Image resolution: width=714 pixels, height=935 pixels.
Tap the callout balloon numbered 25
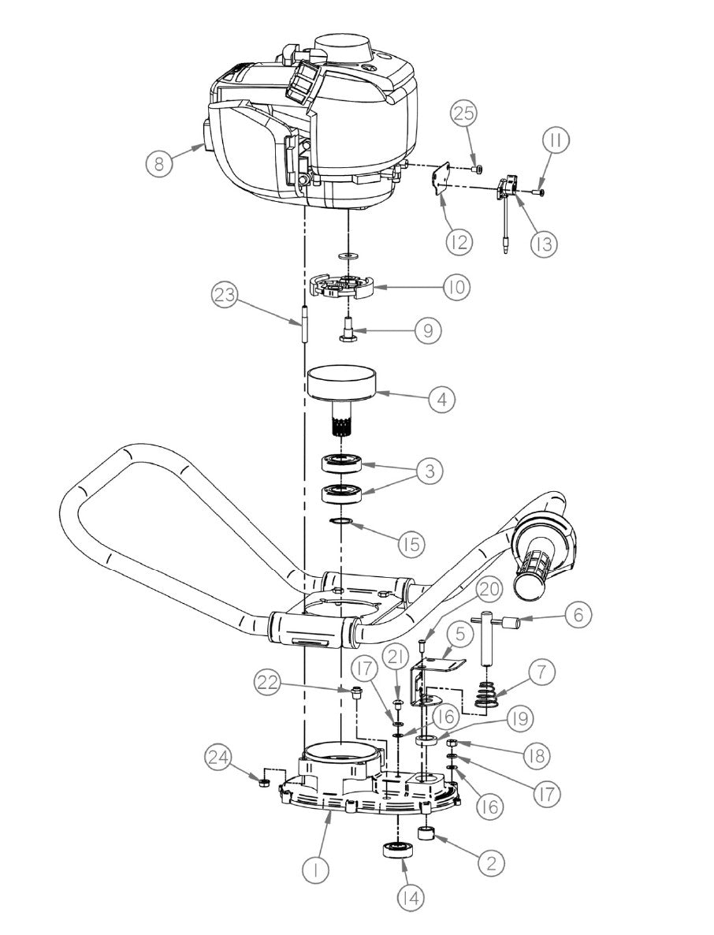465,114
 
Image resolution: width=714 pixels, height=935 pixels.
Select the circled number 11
556,141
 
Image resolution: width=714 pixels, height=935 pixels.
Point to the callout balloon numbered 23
225,297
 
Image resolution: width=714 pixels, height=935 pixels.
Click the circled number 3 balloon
429,471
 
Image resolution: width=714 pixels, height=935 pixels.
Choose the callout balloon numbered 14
411,897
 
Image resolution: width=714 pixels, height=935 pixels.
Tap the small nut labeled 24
266,781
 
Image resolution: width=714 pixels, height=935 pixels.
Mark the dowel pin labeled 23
303,326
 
